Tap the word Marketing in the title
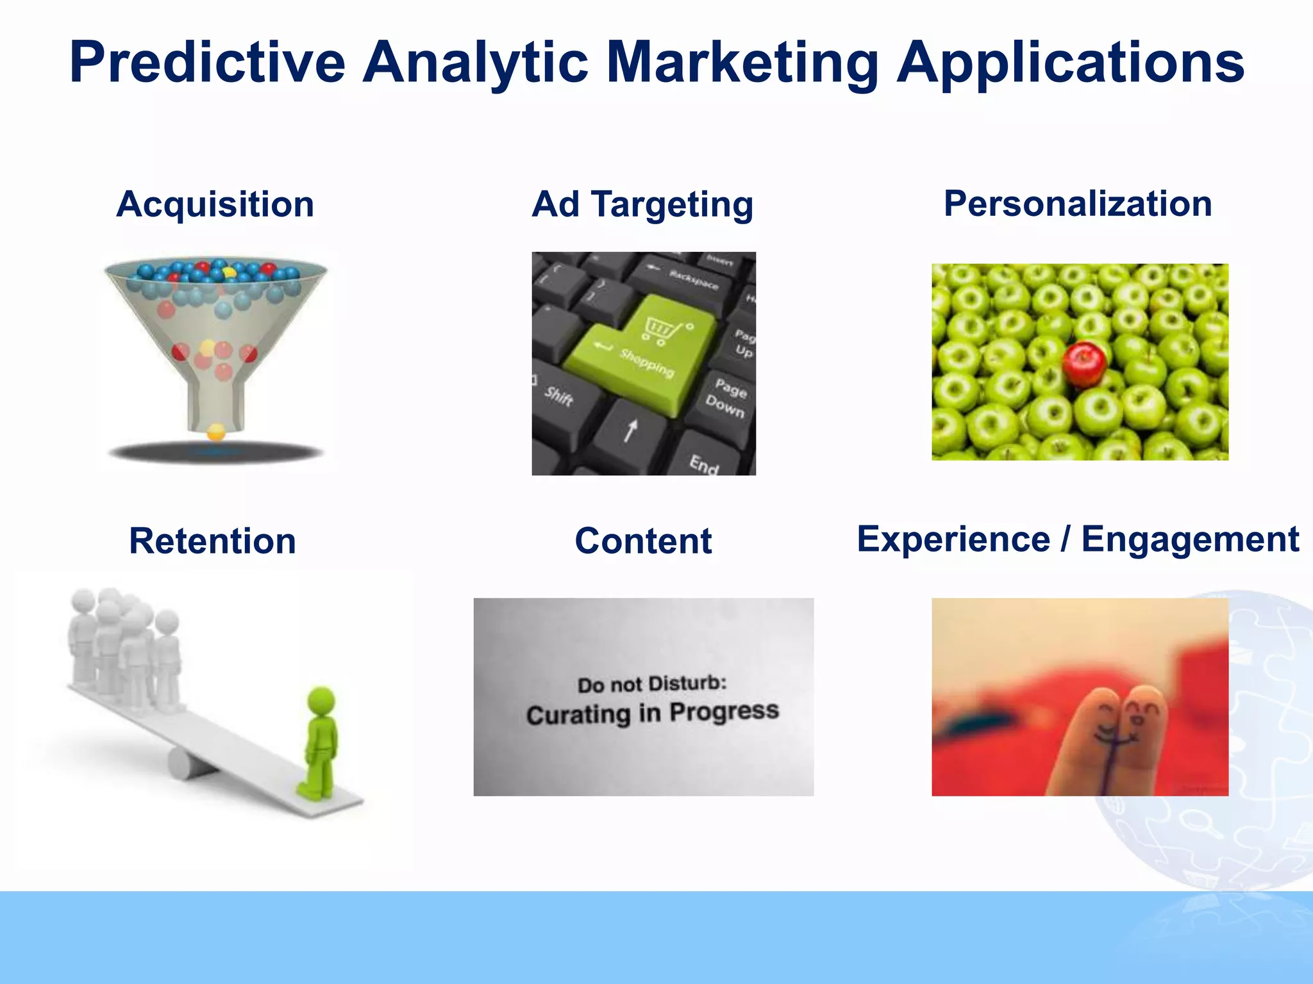coord(742,62)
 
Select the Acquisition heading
coord(215,204)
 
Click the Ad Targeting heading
coord(642,204)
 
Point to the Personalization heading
coord(1078,204)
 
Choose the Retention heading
coord(212,541)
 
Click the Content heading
coord(643,541)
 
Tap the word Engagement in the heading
coord(1190,539)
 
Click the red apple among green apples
coord(1084,364)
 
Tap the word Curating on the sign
coord(578,714)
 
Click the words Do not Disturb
coord(651,684)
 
